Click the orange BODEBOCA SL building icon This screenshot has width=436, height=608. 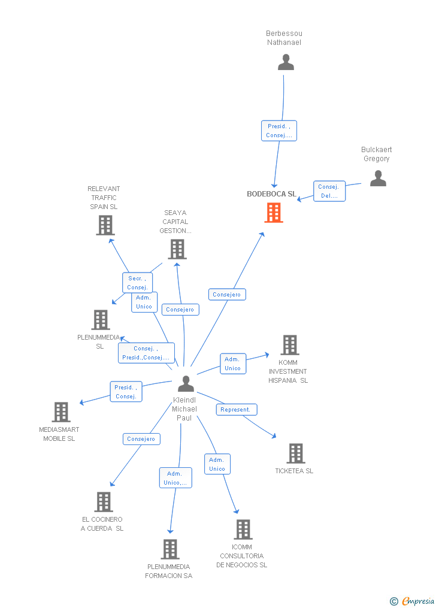pos(274,213)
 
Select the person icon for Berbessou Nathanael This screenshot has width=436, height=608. pos(286,62)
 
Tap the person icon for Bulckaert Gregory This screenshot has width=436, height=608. pos(377,179)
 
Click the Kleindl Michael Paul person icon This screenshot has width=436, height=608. pos(186,383)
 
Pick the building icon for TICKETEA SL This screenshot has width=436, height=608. pos(295,453)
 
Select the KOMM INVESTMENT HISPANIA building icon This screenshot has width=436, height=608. pos(290,345)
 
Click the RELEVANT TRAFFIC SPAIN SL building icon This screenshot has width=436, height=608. pos(105,225)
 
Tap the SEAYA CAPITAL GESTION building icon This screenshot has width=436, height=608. pos(177,249)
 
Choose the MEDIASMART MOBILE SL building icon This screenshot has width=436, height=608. pos(61,412)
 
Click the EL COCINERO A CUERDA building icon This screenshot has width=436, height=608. pos(104,502)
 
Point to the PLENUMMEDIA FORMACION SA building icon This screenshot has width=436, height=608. pos(170,549)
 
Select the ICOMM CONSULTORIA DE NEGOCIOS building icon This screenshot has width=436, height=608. pos(243,530)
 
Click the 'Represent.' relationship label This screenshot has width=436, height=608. pos(236,410)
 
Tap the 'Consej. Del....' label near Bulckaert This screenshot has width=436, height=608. pos(329,191)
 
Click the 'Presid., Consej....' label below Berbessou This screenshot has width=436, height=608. pos(279,131)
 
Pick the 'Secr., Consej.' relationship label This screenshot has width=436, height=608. pos(137,283)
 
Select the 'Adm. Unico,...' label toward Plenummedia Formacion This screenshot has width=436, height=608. pos(175,478)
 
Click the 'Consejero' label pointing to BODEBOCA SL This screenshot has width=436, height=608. pos(227,295)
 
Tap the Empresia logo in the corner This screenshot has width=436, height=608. pos(413,601)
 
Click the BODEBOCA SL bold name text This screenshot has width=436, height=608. pos(271,194)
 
